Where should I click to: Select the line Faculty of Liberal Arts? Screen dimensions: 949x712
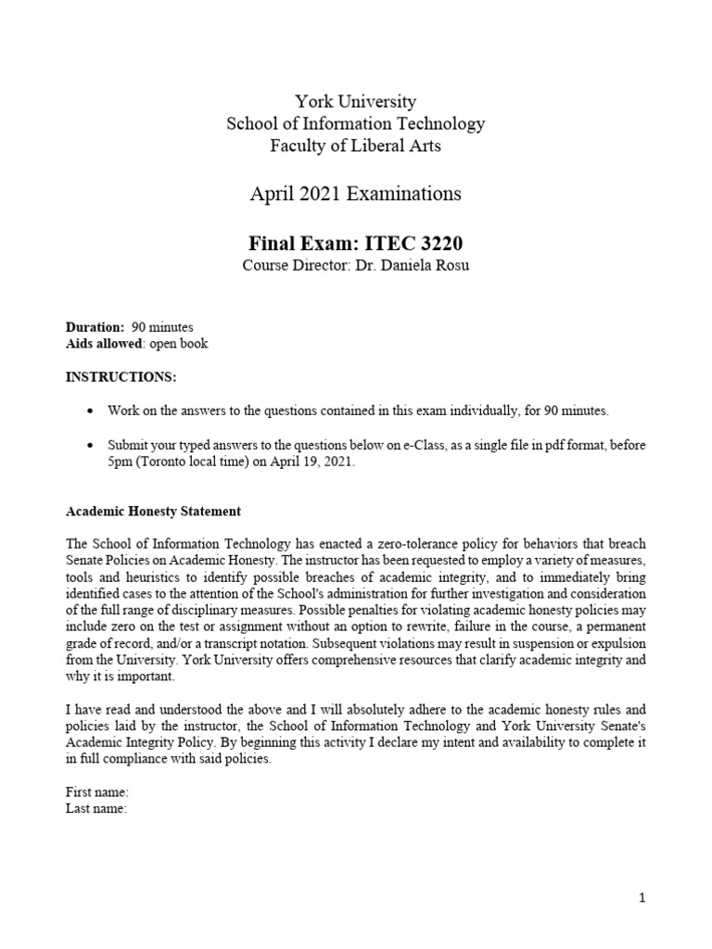(x=355, y=146)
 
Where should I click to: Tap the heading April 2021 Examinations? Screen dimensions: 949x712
(x=355, y=195)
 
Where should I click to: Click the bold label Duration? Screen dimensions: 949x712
(x=94, y=327)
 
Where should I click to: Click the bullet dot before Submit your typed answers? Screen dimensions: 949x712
(x=89, y=446)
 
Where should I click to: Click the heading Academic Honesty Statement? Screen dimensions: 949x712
(x=153, y=511)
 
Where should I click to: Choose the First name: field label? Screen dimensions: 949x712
(x=96, y=793)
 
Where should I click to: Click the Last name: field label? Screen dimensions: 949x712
(x=95, y=809)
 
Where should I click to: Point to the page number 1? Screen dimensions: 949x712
(x=642, y=898)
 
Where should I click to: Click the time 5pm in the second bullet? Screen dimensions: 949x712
(x=120, y=462)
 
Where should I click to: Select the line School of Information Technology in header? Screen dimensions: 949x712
(x=355, y=124)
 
